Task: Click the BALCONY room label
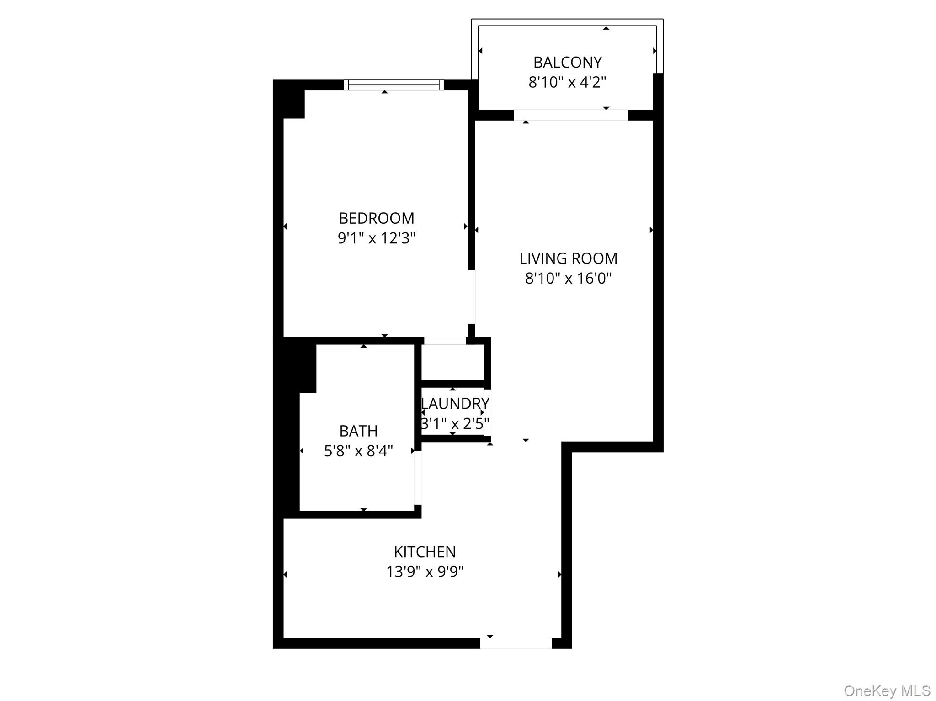point(567,62)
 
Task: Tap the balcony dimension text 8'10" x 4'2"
point(567,82)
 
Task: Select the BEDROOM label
point(377,218)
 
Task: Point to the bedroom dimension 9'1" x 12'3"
point(377,238)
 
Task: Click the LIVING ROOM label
point(568,258)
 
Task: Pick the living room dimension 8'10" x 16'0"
point(568,278)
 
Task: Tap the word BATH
point(358,431)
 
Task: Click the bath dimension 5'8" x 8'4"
point(358,451)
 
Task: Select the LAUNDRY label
point(455,404)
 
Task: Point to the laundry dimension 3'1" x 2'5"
point(455,424)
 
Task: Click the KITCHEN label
point(425,552)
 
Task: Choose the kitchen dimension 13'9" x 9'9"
point(425,572)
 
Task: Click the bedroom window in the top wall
point(394,85)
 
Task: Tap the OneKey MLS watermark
point(887,690)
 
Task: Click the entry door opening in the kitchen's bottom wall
point(516,643)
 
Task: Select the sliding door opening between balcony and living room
point(571,115)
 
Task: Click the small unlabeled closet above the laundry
point(452,362)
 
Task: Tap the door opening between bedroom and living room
point(471,297)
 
